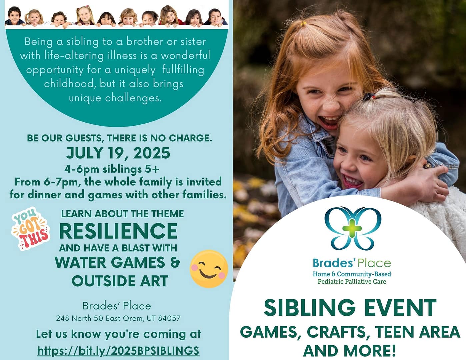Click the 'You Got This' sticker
(x=31, y=229)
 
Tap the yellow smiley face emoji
(x=209, y=269)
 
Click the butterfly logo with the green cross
(x=353, y=228)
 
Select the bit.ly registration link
(x=118, y=351)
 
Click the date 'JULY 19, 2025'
(x=118, y=153)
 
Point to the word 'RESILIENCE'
(x=118, y=231)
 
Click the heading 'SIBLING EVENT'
(x=350, y=308)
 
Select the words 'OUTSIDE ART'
(x=120, y=281)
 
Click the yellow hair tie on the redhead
(x=303, y=23)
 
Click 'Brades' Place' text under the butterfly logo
(x=352, y=263)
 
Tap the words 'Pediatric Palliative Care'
(x=352, y=281)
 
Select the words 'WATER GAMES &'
(x=117, y=262)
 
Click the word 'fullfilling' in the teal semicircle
(x=183, y=70)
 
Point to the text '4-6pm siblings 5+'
(x=112, y=169)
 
